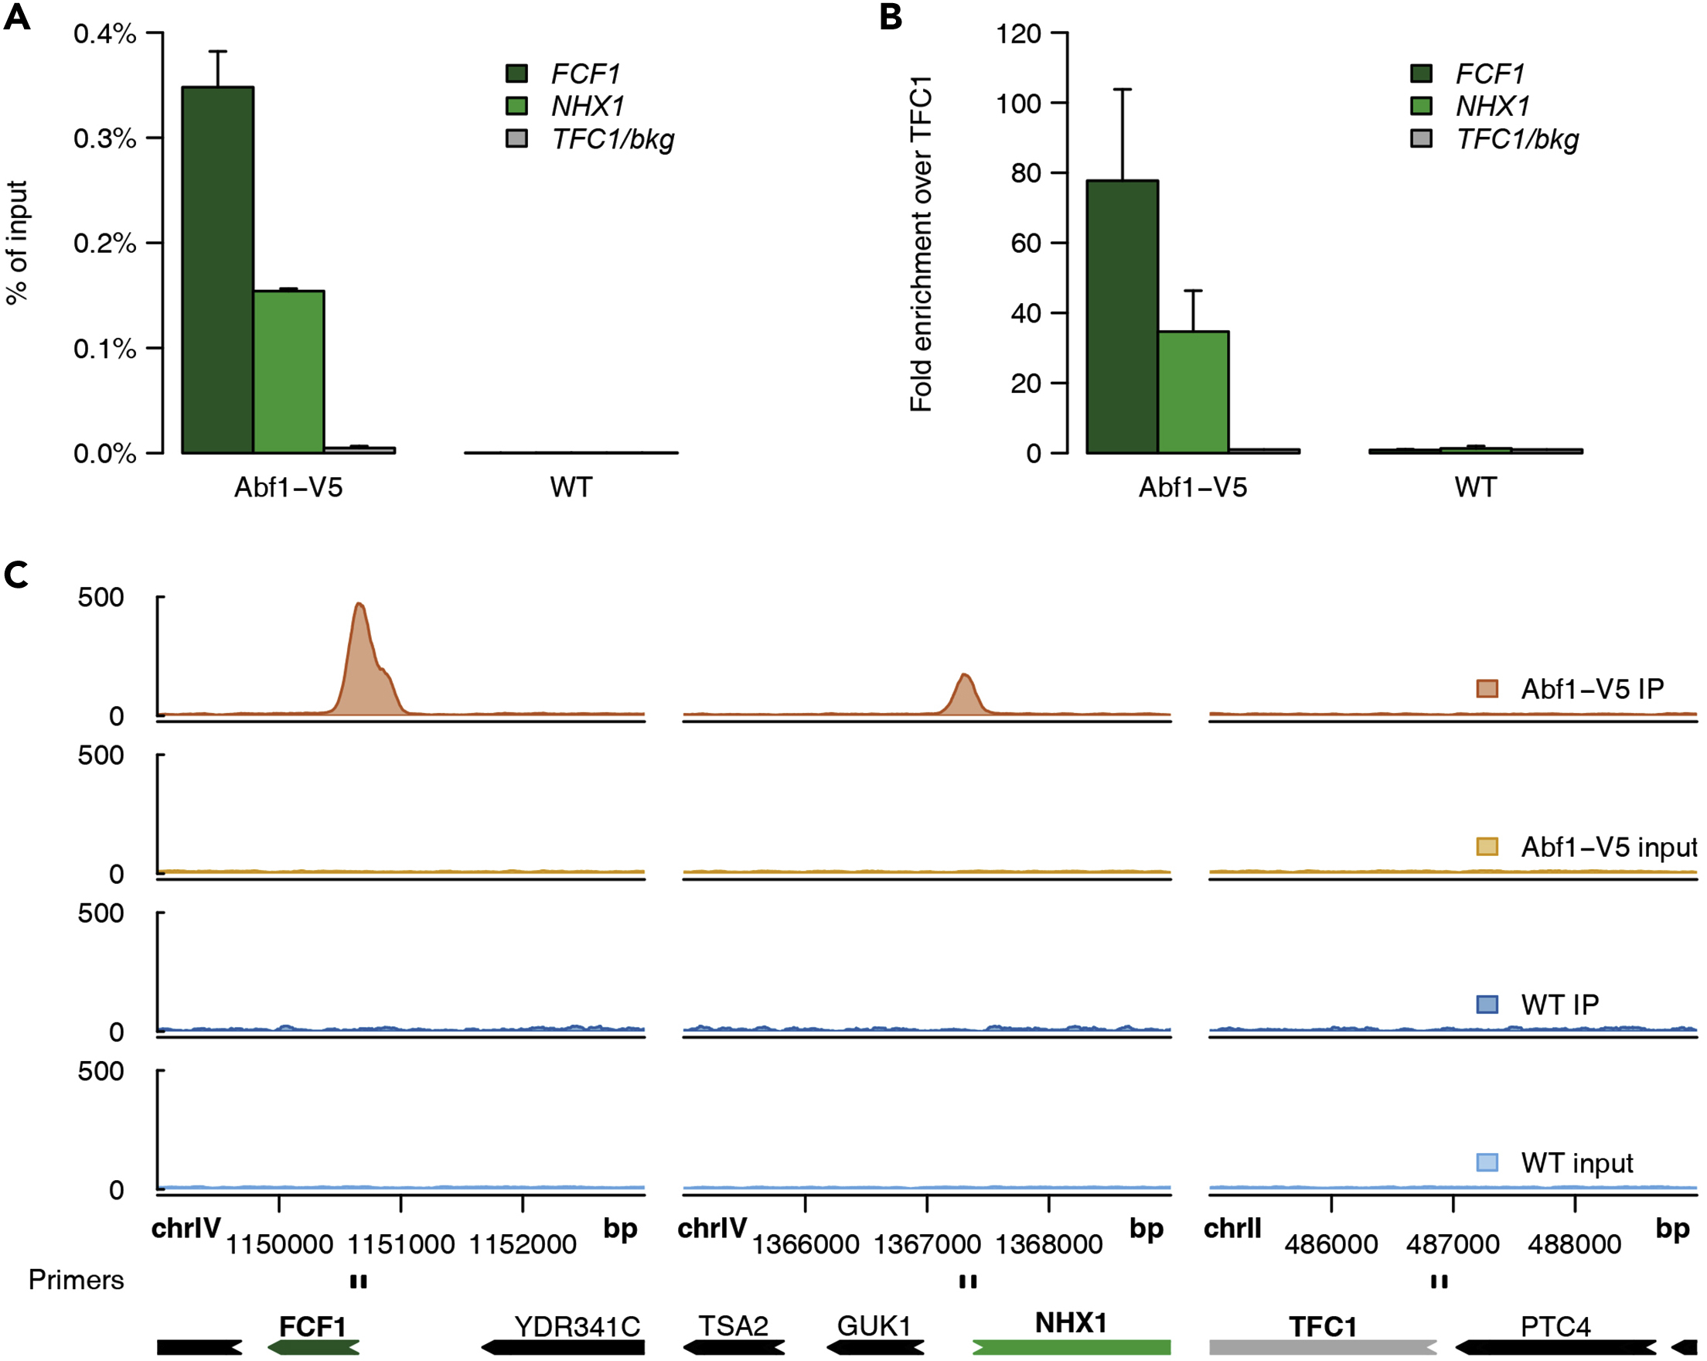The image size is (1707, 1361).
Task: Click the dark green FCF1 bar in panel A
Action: [x=218, y=269]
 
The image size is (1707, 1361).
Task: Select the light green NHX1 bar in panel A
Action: [x=289, y=371]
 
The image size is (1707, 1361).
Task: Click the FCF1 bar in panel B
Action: [x=1122, y=317]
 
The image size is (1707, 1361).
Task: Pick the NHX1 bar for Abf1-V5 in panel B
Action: [x=1193, y=392]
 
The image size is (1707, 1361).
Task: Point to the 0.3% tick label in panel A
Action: [x=104, y=138]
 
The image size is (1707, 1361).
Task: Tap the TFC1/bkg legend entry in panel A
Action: [x=612, y=139]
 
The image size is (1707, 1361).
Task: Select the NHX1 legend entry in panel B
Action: [x=1492, y=106]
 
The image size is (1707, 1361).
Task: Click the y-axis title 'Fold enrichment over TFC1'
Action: [x=921, y=244]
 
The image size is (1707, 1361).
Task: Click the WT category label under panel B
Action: [x=1475, y=487]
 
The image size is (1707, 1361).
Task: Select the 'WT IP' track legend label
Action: [x=1559, y=1005]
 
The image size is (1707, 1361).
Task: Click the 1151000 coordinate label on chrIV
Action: [x=401, y=1244]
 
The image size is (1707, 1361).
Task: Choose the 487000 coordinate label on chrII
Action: [x=1453, y=1244]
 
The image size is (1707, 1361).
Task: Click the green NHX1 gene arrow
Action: [x=1072, y=1347]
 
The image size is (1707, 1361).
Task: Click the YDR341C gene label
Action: [x=577, y=1326]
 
